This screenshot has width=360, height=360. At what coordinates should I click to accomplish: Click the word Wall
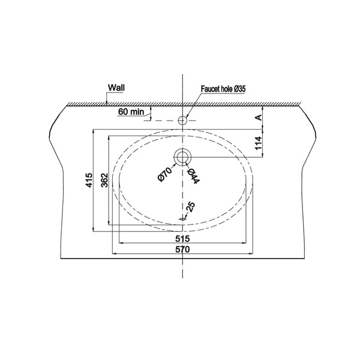click(x=116, y=88)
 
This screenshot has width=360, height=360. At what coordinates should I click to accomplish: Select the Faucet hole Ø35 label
click(x=223, y=89)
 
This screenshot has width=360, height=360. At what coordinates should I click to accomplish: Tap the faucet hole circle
click(x=182, y=120)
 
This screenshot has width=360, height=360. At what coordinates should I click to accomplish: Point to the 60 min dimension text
click(x=131, y=112)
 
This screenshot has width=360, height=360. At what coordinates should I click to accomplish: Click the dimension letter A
click(x=259, y=118)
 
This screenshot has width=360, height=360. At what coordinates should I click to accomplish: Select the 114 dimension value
click(x=259, y=143)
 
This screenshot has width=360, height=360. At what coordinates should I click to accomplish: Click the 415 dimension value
click(x=89, y=180)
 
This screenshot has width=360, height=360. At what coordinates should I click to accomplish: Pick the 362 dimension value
click(x=104, y=180)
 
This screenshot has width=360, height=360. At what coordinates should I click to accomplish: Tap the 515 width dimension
click(x=182, y=239)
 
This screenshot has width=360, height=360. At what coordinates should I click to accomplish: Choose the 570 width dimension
click(x=182, y=249)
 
